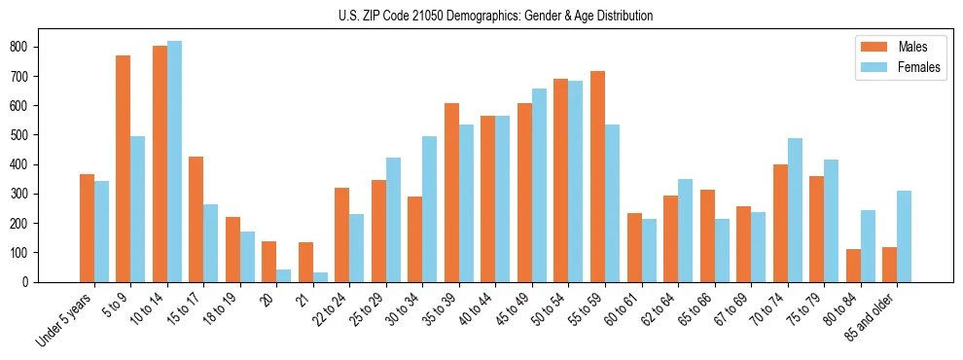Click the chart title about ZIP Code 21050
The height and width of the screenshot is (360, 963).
[x=481, y=16]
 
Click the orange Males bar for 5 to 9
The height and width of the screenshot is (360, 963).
[x=124, y=168]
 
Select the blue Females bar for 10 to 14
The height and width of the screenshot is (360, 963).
[x=174, y=162]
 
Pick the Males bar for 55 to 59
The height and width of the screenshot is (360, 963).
[x=597, y=176]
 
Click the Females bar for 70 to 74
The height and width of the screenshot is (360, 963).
[x=795, y=210]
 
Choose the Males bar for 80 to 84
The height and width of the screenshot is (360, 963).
[x=853, y=266]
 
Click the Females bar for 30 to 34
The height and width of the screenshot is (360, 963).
[x=430, y=209]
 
